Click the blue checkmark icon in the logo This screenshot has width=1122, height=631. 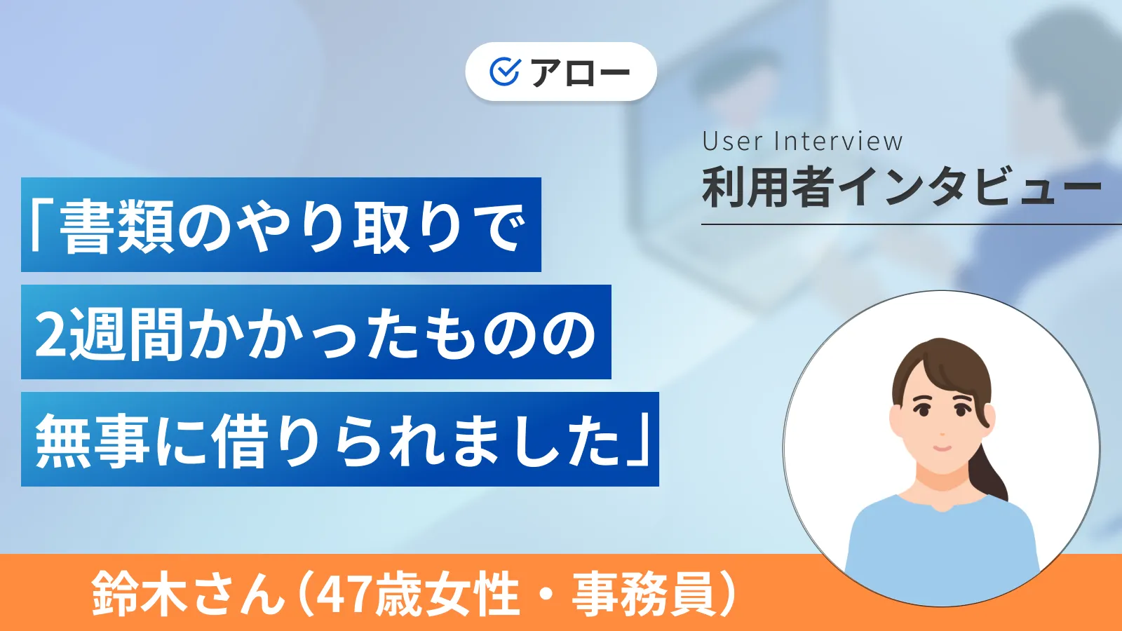coord(504,72)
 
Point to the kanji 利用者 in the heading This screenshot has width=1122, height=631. coord(768,188)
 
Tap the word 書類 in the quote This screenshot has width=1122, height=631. coord(116,226)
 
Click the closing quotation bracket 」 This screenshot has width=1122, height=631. coord(640,440)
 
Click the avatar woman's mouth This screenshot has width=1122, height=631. coord(941,447)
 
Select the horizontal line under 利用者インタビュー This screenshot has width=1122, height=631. coord(912,224)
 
